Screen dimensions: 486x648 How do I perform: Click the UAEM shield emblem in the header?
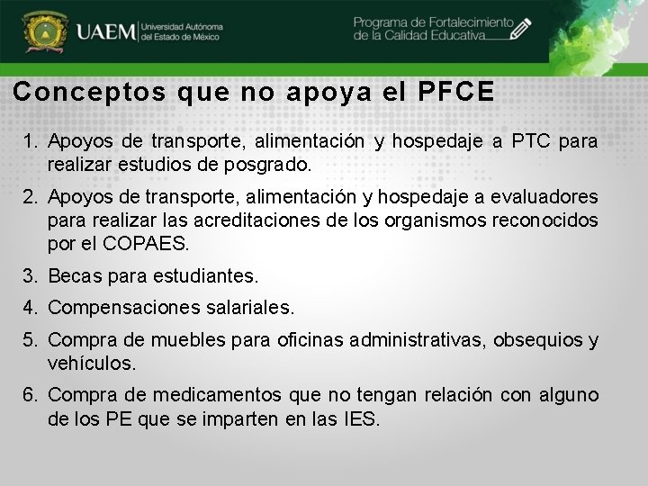click(42, 33)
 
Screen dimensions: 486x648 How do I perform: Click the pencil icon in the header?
click(519, 31)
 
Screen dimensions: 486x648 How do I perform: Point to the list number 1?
click(30, 141)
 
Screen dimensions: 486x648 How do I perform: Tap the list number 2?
click(30, 197)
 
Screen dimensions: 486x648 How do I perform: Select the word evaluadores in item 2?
click(551, 197)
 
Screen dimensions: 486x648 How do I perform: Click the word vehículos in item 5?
click(91, 364)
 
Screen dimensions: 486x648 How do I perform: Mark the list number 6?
click(30, 396)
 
